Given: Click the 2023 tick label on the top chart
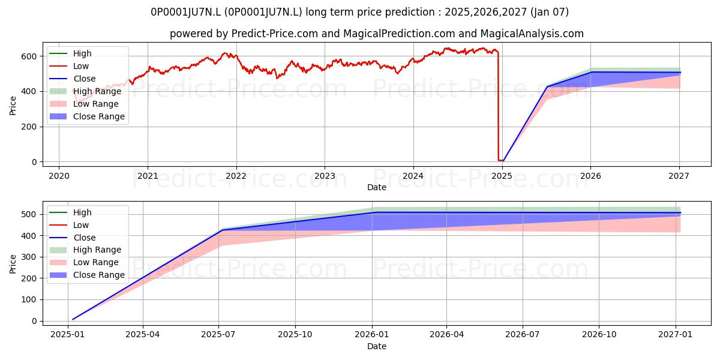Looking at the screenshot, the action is coord(325,176).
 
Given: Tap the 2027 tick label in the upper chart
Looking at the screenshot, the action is coord(679,176).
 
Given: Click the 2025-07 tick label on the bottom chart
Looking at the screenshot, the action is coord(218,335).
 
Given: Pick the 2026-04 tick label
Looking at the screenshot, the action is coord(447,335).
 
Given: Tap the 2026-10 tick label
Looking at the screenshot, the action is coord(599,335).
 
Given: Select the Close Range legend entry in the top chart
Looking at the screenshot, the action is coord(87,116).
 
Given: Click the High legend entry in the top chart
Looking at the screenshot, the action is coord(70,53).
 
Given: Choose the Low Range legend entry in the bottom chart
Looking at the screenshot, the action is coord(84,262).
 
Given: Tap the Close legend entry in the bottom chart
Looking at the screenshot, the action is coord(73,238).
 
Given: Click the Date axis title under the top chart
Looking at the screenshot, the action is coord(377,187).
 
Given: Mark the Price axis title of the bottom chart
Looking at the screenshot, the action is coord(13,264).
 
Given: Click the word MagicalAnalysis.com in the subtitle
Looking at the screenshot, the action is coord(532,34).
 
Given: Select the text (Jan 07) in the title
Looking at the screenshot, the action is coord(550,12).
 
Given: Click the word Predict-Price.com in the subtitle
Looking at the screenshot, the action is coord(275,34).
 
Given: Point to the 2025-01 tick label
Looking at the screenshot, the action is coord(67,335).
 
